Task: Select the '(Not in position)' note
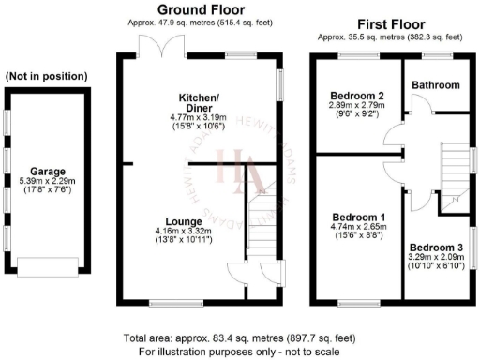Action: (47, 76)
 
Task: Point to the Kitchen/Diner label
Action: (199, 102)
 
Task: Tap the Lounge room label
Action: (184, 220)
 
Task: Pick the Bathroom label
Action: (436, 85)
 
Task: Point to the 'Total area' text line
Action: (239, 338)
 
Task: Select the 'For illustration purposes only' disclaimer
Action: (239, 351)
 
